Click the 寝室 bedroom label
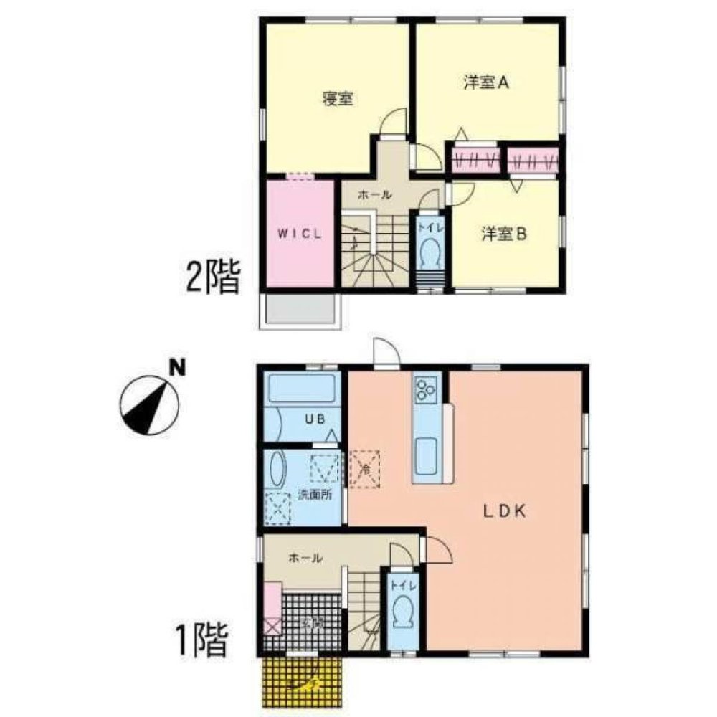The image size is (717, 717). (x=337, y=100)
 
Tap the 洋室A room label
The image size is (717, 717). (x=485, y=82)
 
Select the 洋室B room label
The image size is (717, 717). (x=505, y=233)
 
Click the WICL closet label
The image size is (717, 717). (x=300, y=234)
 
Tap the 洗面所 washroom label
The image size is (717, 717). (x=315, y=495)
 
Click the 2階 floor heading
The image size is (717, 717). (x=212, y=277)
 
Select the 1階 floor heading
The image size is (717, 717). (x=201, y=640)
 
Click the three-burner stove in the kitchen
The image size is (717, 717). (x=425, y=389)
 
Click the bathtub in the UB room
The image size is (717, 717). (x=302, y=390)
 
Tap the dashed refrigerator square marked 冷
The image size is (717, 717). (x=365, y=469)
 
